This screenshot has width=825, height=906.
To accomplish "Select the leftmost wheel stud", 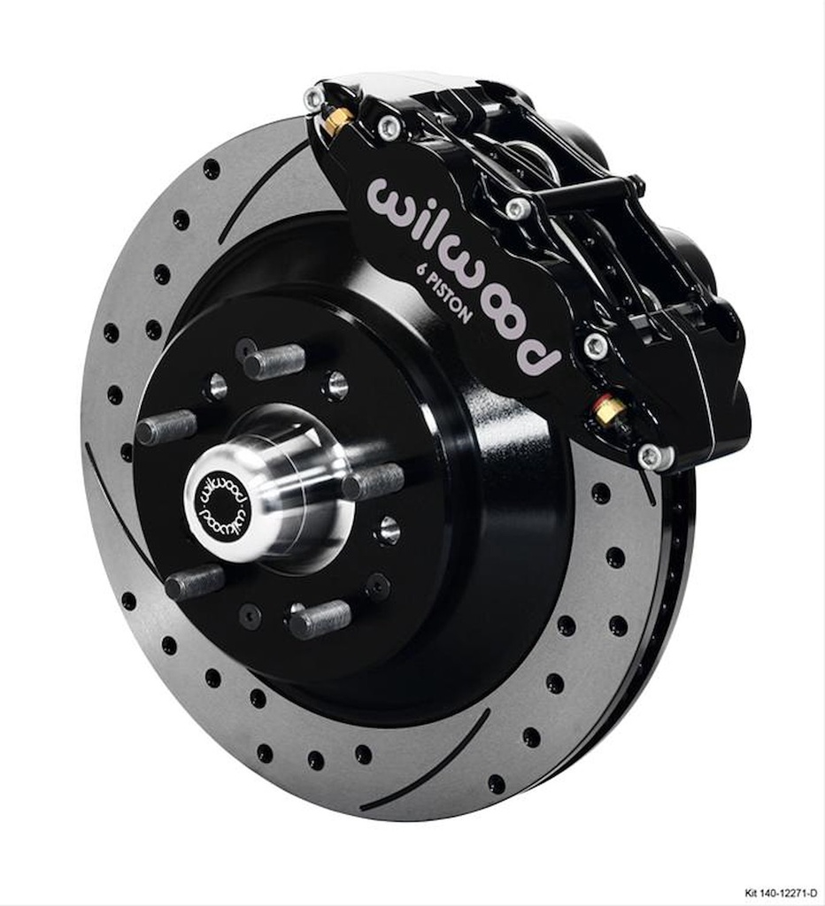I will click(x=166, y=427).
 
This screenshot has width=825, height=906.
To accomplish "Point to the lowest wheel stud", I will click(x=320, y=618).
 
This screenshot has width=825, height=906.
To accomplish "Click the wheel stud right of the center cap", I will click(x=374, y=482).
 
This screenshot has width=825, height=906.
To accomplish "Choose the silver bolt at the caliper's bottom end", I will click(x=651, y=457).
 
